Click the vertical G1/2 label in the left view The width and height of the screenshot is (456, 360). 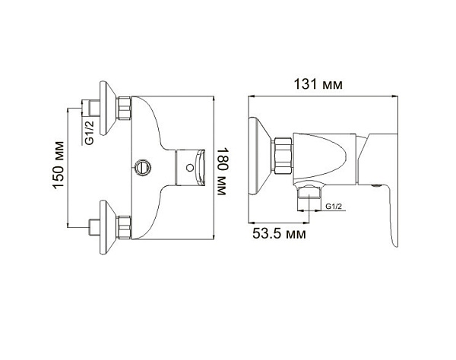click(88, 131)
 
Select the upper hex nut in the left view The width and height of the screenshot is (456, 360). click(125, 109)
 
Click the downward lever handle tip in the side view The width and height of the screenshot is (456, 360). click(394, 238)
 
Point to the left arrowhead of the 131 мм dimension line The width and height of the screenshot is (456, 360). click(252, 96)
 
